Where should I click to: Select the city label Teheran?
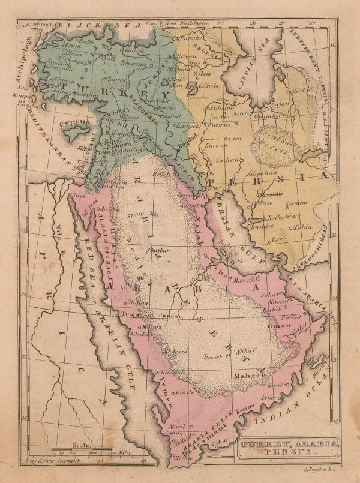(x=215, y=124)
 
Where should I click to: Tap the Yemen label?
(x=169, y=399)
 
